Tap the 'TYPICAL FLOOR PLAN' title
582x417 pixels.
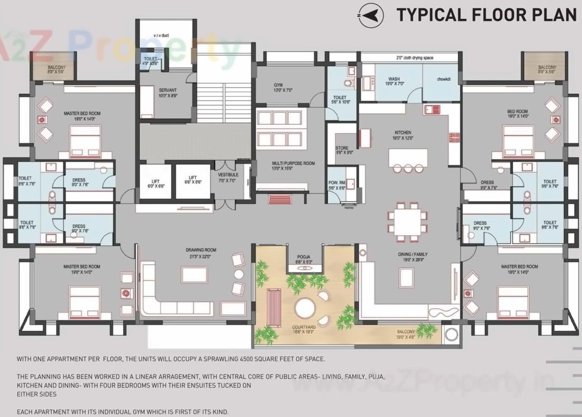point(486,15)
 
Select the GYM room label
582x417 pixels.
point(278,85)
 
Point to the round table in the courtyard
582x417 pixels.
point(305,308)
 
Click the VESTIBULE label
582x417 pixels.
point(228,175)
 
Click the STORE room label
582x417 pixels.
point(342,149)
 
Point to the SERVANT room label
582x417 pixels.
point(167,90)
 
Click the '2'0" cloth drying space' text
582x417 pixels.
point(415,58)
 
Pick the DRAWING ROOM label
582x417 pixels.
point(201,251)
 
